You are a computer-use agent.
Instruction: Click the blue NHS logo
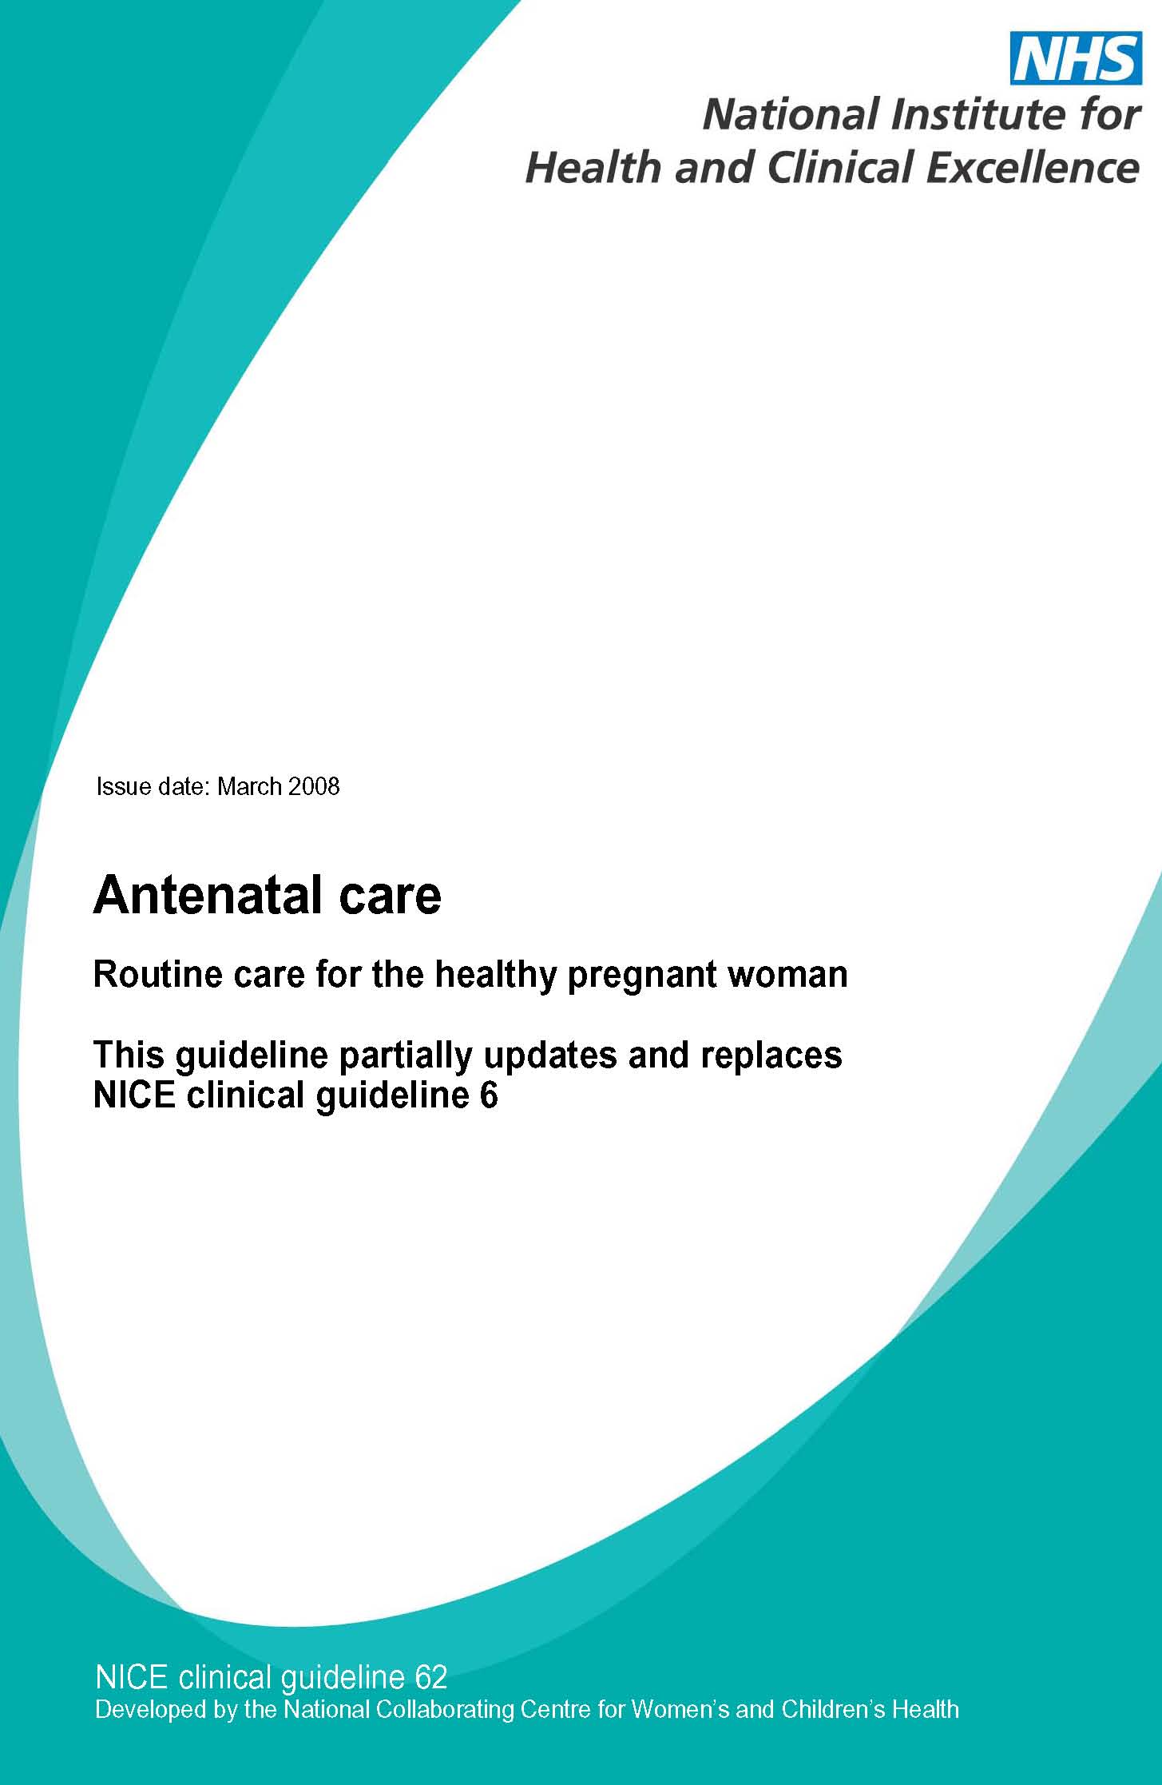(1076, 58)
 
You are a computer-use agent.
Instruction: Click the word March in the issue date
(249, 786)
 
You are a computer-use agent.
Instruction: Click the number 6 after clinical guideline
(489, 1095)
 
